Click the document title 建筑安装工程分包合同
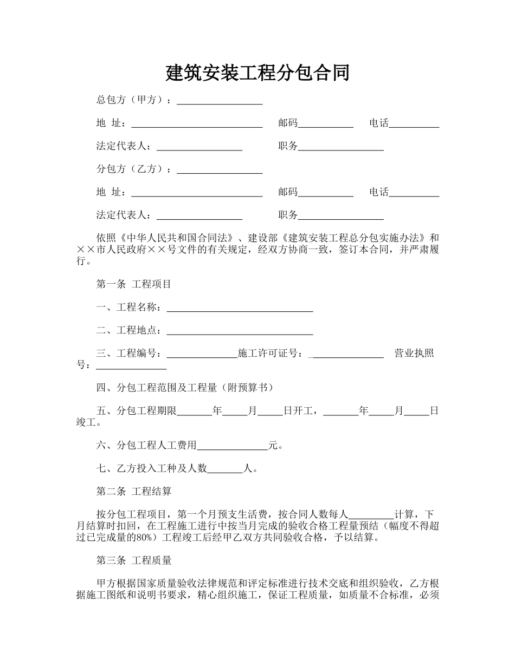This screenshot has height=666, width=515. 257,73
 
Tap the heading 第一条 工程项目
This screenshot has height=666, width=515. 134,284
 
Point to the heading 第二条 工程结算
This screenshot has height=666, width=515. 134,491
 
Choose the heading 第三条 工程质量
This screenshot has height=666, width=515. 134,560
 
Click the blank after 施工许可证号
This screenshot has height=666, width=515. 348,355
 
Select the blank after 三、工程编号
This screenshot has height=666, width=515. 202,355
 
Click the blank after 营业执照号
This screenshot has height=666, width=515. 131,367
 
